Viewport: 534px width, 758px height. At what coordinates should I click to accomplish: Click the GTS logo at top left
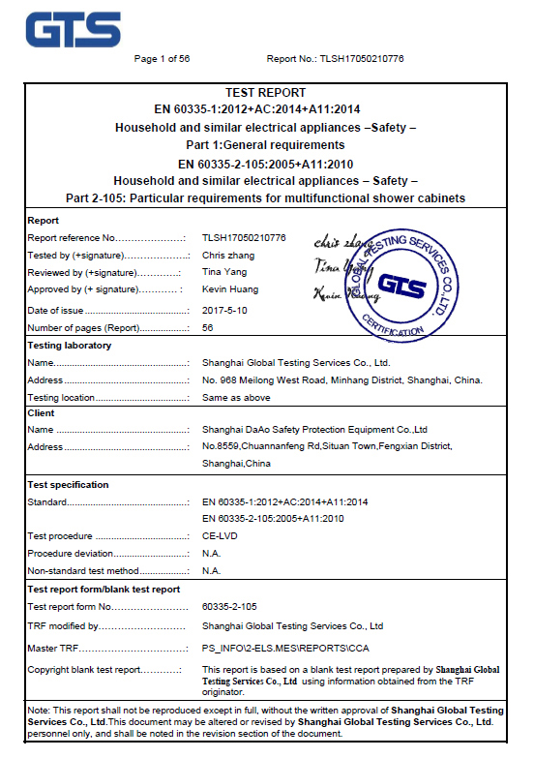tap(73, 28)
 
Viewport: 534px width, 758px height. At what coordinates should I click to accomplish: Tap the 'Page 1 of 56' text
tap(162, 59)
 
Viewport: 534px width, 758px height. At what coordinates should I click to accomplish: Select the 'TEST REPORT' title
tap(265, 93)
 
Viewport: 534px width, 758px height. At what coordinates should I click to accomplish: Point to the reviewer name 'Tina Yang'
tap(223, 272)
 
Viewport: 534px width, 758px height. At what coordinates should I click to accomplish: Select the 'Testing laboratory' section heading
tap(69, 346)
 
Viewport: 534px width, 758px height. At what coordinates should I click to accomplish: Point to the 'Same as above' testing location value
tap(236, 398)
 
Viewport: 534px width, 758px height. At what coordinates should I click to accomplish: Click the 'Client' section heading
tap(42, 413)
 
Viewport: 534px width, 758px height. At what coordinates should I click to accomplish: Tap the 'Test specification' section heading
tap(68, 484)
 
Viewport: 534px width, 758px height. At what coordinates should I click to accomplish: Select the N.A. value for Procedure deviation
tap(212, 554)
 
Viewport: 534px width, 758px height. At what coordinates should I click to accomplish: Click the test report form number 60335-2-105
tap(229, 606)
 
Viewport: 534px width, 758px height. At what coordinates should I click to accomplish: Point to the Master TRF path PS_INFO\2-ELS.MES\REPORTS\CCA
tap(285, 648)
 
